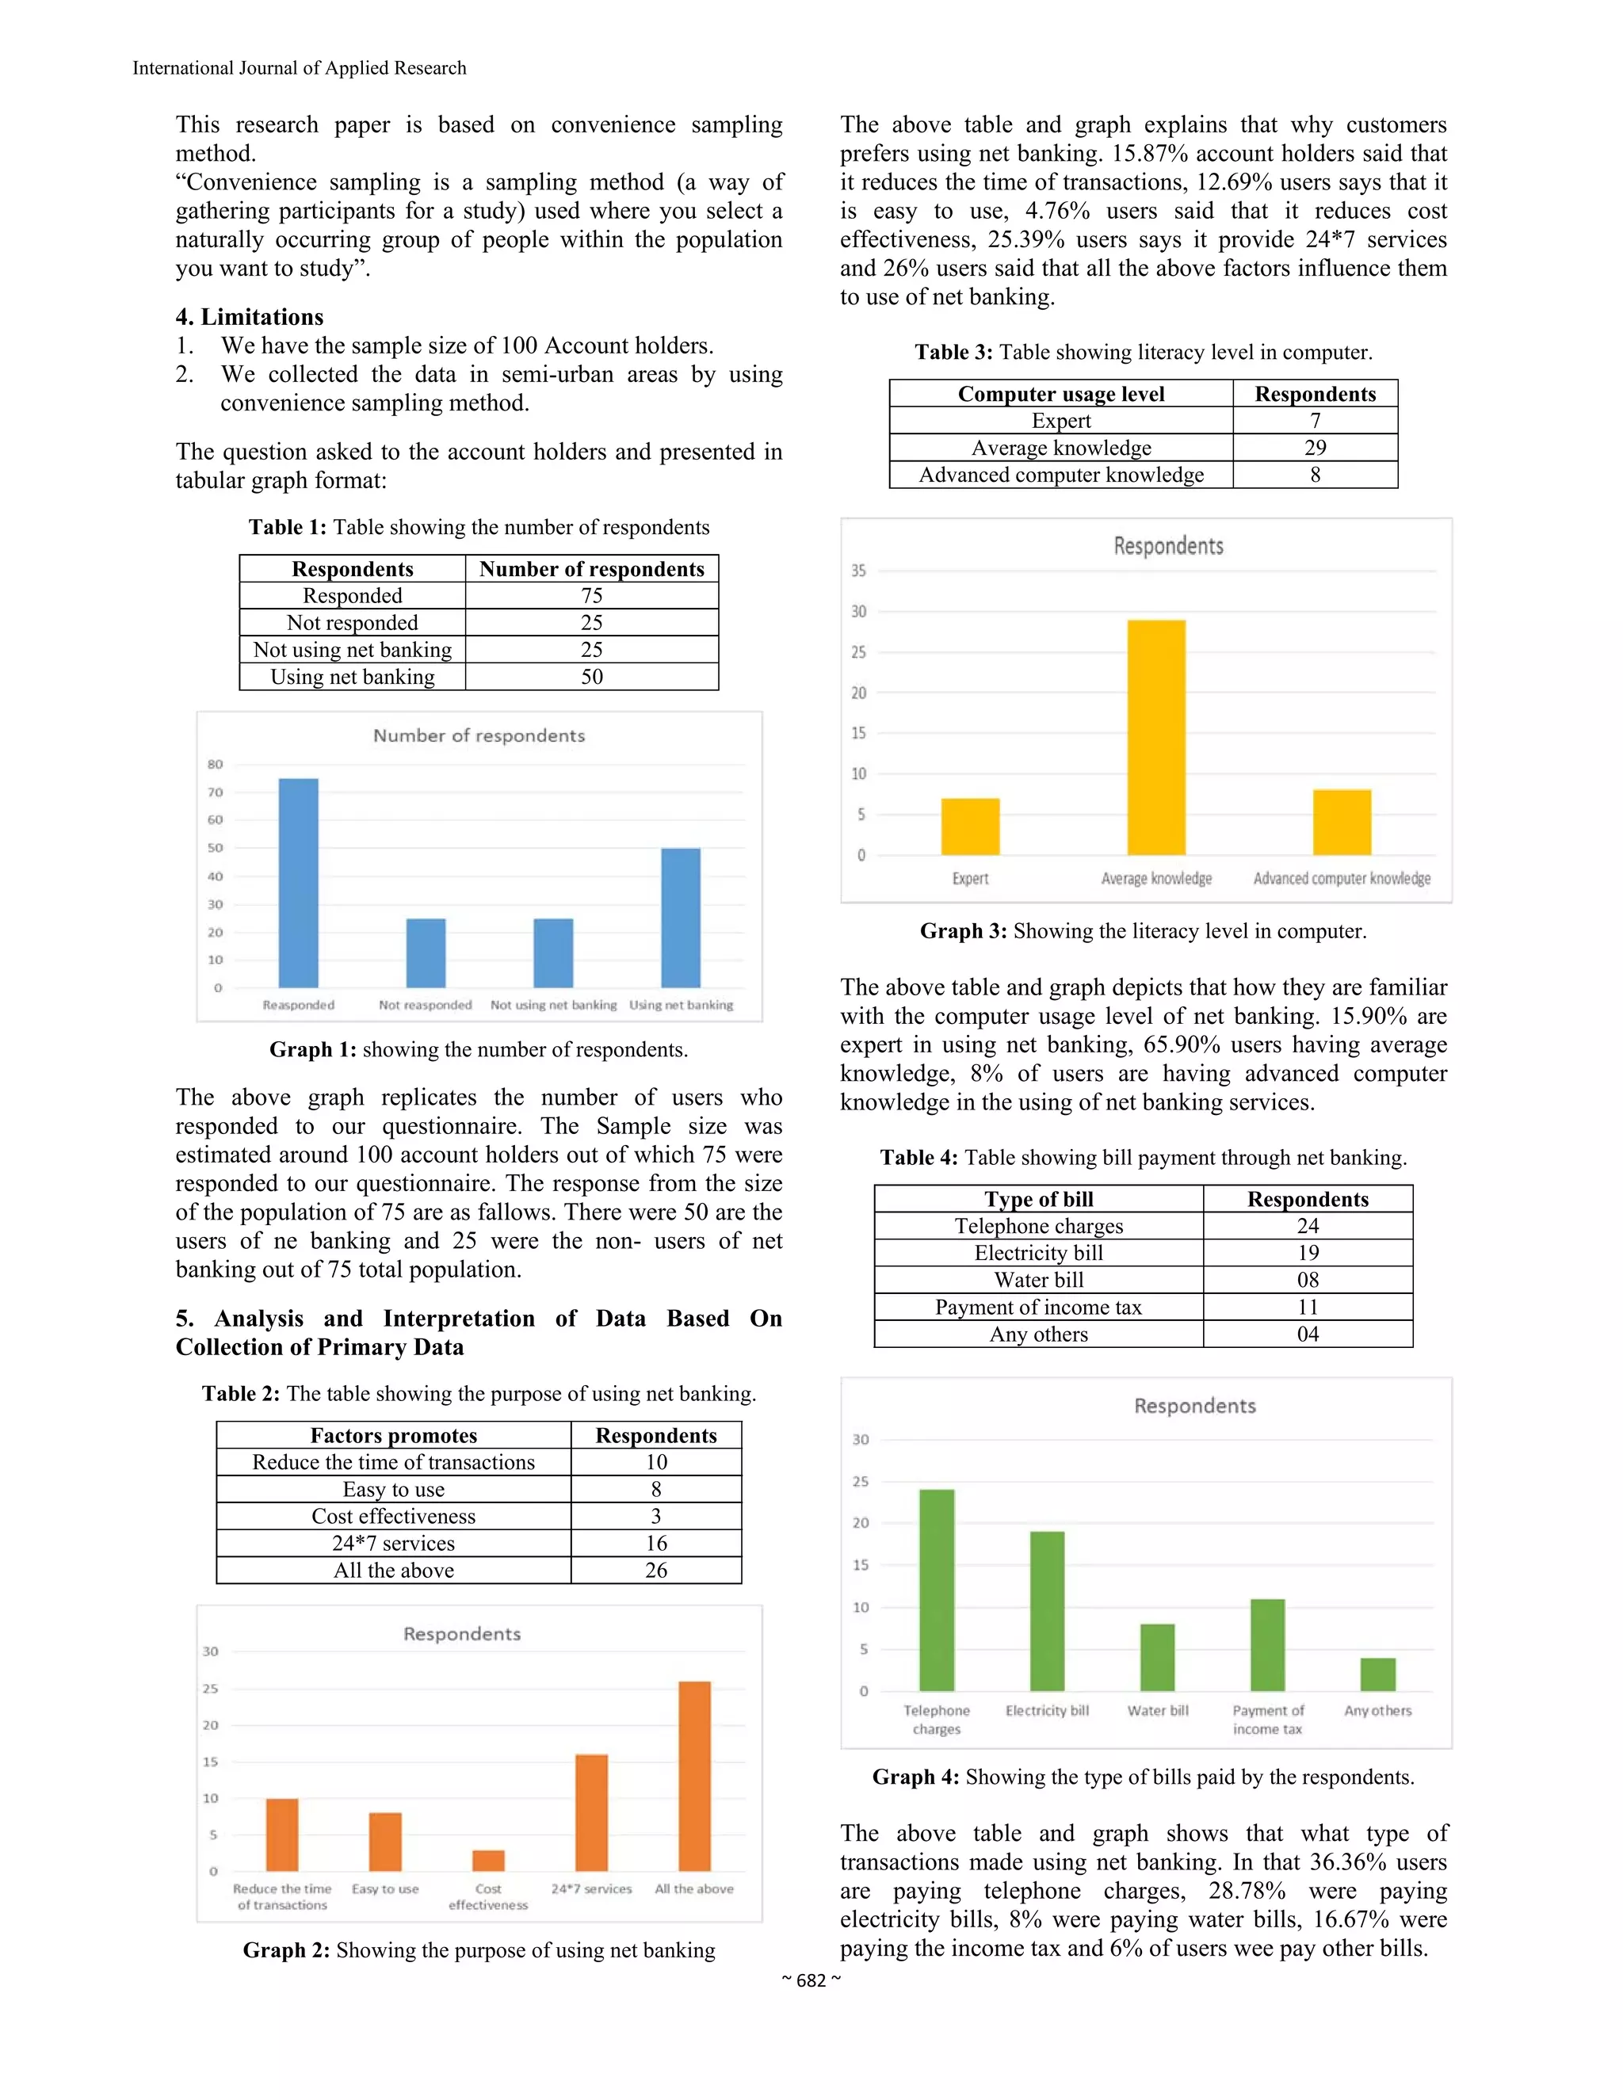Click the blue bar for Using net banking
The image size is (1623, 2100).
681,918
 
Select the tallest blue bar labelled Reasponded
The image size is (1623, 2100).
298,883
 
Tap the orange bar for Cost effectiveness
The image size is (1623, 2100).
488,1860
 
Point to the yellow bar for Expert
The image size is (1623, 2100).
970,826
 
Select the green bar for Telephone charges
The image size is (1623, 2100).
937,1590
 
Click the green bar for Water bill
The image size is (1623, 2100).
1158,1657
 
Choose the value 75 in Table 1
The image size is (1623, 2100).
591,596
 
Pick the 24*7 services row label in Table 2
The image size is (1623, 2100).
393,1543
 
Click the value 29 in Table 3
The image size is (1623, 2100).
1315,448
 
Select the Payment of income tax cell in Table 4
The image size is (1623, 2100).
1038,1308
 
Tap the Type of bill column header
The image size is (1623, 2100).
1038,1199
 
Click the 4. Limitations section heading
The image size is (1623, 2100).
249,317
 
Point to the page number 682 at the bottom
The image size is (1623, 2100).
811,1980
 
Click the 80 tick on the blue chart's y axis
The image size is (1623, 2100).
216,765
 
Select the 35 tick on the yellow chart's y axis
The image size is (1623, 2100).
857,571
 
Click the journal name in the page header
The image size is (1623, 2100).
299,68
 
